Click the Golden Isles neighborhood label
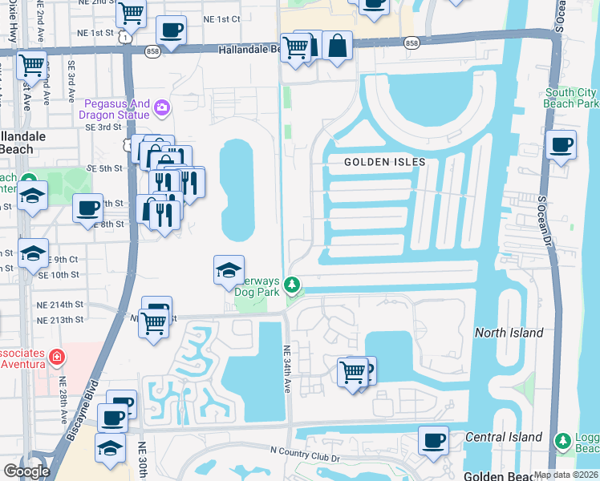384,162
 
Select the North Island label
509,333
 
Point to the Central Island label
505,437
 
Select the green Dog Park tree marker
294,284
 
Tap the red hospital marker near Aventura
57,357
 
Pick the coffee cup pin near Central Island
433,440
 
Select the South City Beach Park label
571,99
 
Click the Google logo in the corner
26,471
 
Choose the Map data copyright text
565,475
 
